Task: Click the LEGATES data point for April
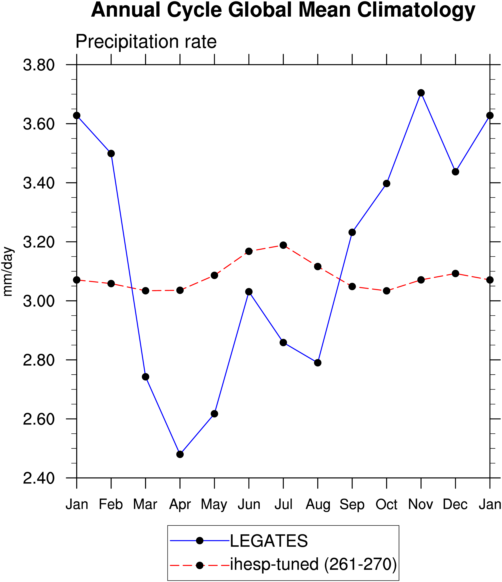(x=180, y=454)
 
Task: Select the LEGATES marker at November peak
(x=421, y=93)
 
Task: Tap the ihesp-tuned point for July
(x=283, y=245)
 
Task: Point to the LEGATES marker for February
(x=111, y=153)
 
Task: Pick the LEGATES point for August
(x=318, y=363)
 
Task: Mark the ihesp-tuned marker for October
(x=387, y=291)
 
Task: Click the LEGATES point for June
(x=249, y=292)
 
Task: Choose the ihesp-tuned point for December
(x=456, y=273)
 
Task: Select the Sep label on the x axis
(x=352, y=504)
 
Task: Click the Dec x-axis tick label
(x=455, y=504)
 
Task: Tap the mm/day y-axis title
(x=8, y=272)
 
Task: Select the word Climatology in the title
(x=416, y=10)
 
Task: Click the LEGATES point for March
(x=146, y=377)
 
